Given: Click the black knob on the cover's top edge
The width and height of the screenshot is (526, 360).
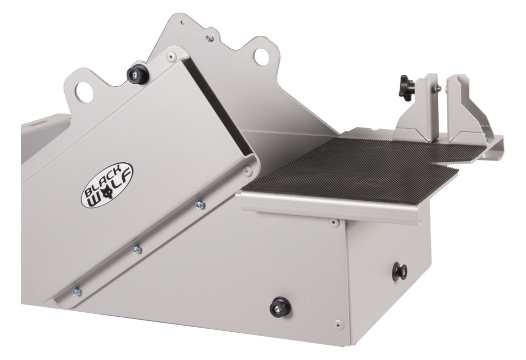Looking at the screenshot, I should [x=137, y=75].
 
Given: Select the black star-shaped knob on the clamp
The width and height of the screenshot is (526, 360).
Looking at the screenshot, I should [x=406, y=81].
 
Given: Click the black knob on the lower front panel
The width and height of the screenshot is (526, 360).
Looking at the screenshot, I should [x=280, y=307].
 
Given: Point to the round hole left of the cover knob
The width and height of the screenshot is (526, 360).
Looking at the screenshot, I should [x=84, y=92].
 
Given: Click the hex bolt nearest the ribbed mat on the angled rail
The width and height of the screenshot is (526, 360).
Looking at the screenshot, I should [x=200, y=205].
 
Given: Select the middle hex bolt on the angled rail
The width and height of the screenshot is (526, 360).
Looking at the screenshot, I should [x=137, y=250].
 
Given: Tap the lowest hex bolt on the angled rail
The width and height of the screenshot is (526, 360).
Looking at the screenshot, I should [x=77, y=292].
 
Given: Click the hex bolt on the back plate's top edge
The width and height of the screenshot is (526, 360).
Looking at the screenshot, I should [x=209, y=38].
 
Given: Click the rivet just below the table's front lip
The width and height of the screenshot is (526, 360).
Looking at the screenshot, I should [x=334, y=223].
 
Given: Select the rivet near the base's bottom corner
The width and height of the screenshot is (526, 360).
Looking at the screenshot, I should [x=337, y=324].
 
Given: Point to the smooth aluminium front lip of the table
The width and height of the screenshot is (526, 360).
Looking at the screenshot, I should [x=329, y=207].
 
